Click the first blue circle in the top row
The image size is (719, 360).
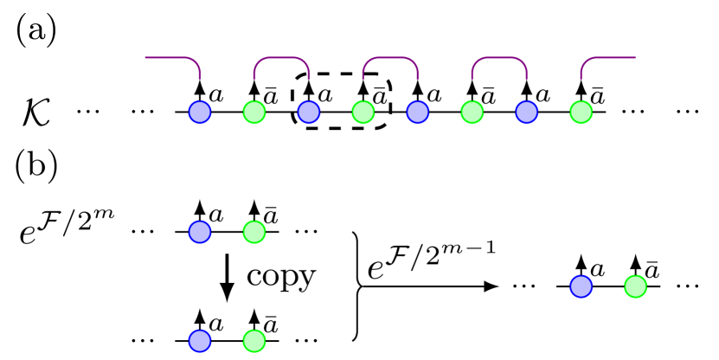[x=200, y=112]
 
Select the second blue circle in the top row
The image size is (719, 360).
[x=309, y=112]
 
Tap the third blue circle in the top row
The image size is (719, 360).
[x=418, y=112]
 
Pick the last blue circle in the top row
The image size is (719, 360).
[x=527, y=112]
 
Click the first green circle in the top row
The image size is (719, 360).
[x=254, y=112]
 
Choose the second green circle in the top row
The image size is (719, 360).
[x=363, y=112]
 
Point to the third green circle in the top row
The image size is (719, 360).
[x=472, y=112]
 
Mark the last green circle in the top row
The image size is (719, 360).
[x=581, y=112]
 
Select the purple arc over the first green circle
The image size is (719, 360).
[x=281, y=58]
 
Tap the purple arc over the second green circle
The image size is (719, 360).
[x=390, y=58]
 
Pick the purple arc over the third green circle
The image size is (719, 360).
[x=499, y=58]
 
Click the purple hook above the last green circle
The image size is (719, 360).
[x=594, y=59]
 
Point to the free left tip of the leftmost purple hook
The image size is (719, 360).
[x=146, y=58]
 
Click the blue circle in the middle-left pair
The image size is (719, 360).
[x=200, y=232]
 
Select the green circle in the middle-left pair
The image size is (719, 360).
[x=254, y=232]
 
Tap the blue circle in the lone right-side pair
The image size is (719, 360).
[x=581, y=286]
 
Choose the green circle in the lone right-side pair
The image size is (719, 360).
[x=636, y=286]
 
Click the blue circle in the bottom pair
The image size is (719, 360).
[x=200, y=341]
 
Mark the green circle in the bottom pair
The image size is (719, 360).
[x=254, y=341]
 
